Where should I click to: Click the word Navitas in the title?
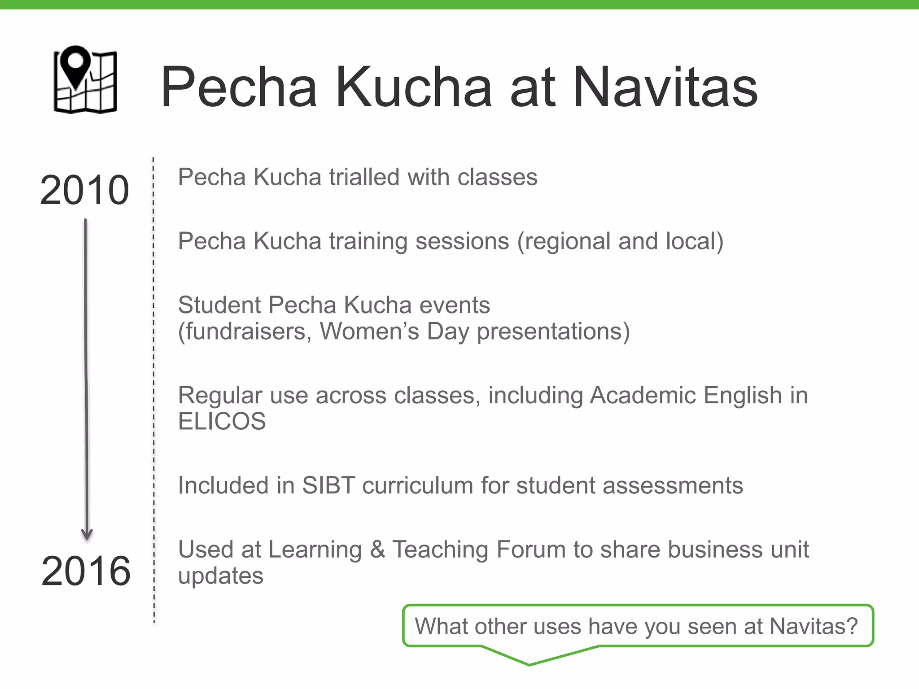click(665, 87)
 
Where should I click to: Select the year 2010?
click(84, 190)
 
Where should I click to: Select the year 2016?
click(86, 571)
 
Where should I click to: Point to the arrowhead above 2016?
click(87, 535)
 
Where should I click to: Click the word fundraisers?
click(245, 331)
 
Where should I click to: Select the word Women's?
click(369, 331)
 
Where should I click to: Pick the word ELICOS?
click(222, 421)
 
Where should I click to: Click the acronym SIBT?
click(328, 485)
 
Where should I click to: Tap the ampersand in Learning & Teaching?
click(377, 549)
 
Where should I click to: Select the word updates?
click(220, 576)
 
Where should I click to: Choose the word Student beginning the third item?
click(219, 305)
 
